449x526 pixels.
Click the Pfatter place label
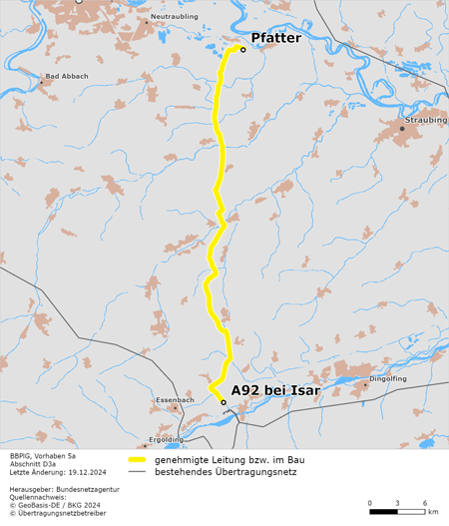pos(275,38)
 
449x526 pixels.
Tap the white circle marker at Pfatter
pos(242,49)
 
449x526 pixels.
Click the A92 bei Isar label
pos(275,390)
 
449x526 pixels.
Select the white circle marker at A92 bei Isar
pos(224,402)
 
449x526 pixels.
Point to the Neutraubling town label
pos(174,17)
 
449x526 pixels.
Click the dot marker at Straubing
pos(402,129)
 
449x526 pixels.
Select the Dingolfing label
pos(388,379)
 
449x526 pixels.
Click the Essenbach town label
pos(175,399)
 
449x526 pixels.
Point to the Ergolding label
pos(165,439)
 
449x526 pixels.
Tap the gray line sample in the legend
pos(137,470)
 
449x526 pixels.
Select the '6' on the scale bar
pos(425,502)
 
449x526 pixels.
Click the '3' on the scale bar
pos(397,502)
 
